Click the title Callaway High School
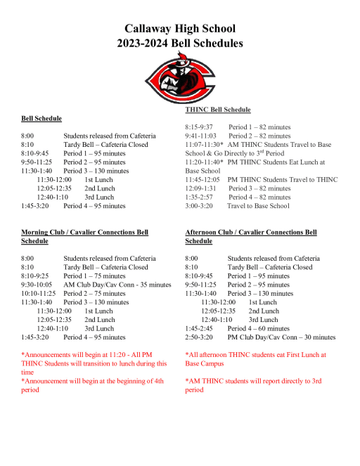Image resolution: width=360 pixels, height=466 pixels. point(180,29)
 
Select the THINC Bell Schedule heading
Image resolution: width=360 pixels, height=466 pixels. point(218,110)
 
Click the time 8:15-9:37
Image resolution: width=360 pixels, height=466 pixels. point(199,127)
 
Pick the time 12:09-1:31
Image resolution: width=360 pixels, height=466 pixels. point(200,188)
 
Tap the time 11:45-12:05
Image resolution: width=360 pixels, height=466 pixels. point(203,179)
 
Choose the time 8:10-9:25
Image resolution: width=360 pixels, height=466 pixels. point(35,276)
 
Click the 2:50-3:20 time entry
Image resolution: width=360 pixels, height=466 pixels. point(199,337)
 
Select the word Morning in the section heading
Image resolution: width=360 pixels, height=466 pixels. point(36,232)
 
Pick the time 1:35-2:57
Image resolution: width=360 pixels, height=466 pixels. point(199,197)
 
